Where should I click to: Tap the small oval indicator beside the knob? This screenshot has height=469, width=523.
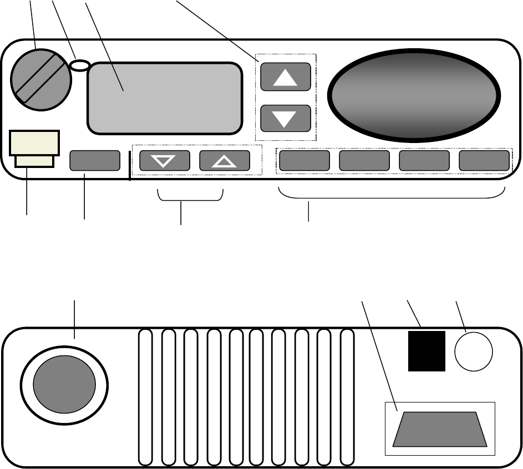pyautogui.click(x=80, y=65)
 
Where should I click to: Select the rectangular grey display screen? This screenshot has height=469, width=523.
pyautogui.click(x=165, y=98)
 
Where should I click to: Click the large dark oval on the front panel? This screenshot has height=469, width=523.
pyautogui.click(x=413, y=94)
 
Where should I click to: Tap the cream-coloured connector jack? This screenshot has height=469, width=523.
pyautogui.click(x=34, y=147)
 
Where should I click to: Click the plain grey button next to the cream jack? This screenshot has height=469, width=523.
pyautogui.click(x=95, y=161)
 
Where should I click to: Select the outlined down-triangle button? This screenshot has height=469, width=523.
pyautogui.click(x=164, y=161)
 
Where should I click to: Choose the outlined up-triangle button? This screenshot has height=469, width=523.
pyautogui.click(x=224, y=161)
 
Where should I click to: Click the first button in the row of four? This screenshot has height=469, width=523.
pyautogui.click(x=303, y=161)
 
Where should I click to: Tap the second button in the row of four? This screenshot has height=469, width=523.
pyautogui.click(x=364, y=161)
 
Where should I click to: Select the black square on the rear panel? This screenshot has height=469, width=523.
pyautogui.click(x=427, y=351)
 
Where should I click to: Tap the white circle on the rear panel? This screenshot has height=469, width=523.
pyautogui.click(x=474, y=351)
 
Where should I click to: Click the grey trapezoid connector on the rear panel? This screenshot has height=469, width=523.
pyautogui.click(x=439, y=429)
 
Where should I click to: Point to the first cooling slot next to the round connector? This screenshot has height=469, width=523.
pyautogui.click(x=145, y=397)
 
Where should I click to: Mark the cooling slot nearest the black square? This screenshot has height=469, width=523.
pyautogui.click(x=347, y=397)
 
